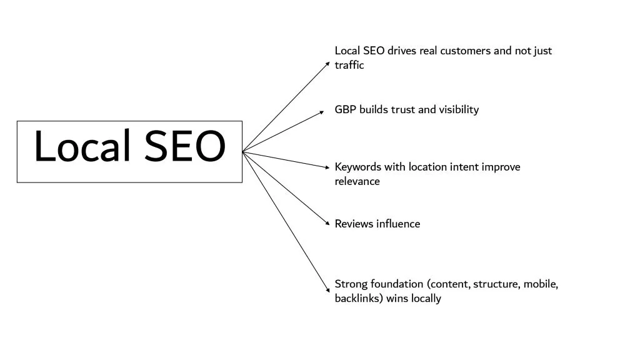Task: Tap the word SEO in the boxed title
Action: coord(185,147)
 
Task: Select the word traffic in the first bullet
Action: coord(349,65)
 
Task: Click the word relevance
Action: coord(357,181)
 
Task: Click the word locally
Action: coord(426,298)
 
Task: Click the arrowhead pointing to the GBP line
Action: coord(327,111)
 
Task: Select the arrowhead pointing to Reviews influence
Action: coord(327,224)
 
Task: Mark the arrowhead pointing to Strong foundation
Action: coord(327,290)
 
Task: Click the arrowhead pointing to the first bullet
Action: coord(327,63)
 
